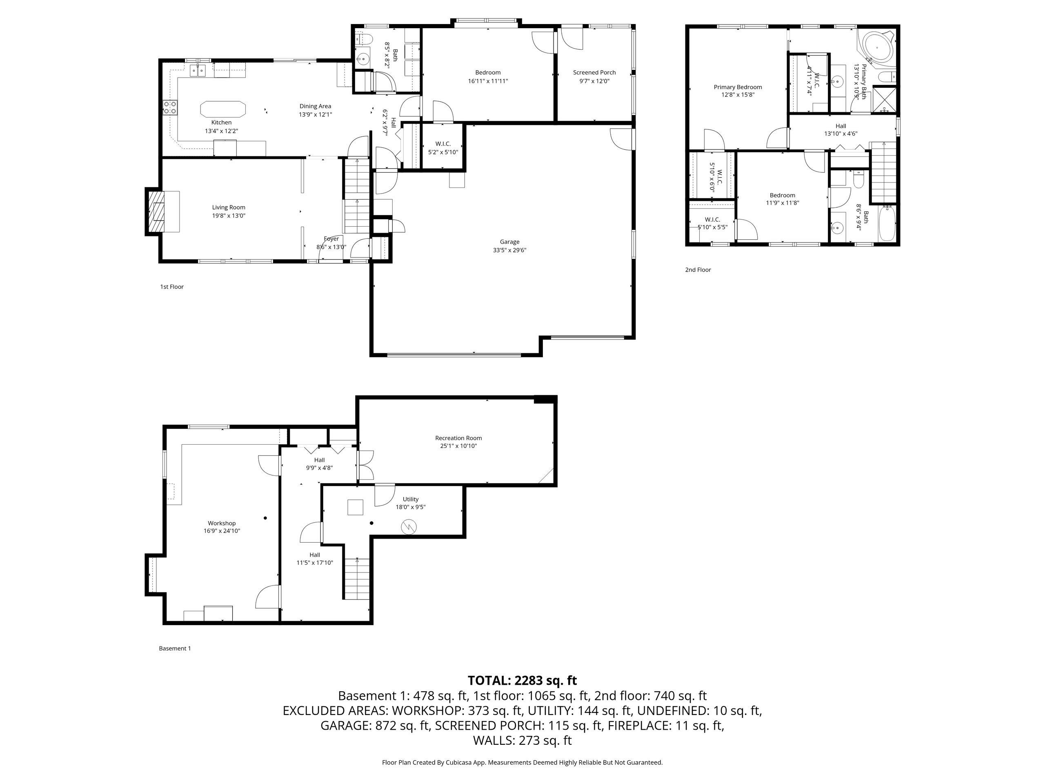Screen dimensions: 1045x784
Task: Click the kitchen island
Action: point(223,109)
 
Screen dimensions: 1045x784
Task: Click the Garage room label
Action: point(509,242)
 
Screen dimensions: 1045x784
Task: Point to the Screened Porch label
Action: point(594,72)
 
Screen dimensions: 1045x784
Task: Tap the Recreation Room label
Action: point(458,438)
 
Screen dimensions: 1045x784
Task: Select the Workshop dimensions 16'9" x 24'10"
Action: point(222,531)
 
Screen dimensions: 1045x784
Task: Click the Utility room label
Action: point(411,499)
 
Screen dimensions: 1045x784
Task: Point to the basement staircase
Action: point(357,579)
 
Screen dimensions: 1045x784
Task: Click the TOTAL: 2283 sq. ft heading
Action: point(522,681)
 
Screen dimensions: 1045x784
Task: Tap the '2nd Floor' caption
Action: point(698,270)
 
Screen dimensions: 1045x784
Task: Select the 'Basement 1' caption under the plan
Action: point(175,648)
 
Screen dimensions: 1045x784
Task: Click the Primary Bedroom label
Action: point(738,87)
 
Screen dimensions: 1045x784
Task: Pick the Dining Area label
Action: point(315,106)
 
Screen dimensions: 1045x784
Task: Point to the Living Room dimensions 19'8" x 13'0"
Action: point(229,216)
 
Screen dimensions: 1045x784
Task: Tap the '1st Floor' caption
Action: point(172,287)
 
